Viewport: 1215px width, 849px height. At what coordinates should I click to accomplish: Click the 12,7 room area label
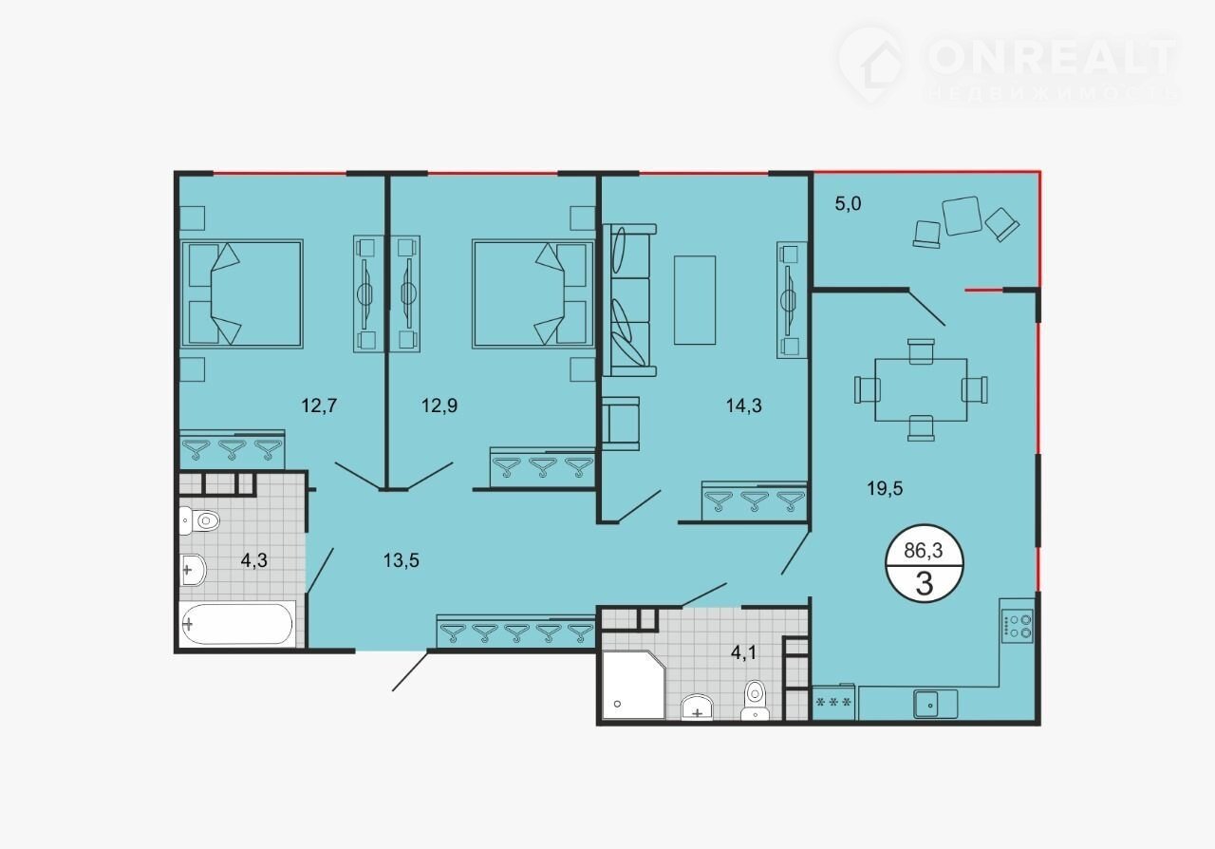coord(319,406)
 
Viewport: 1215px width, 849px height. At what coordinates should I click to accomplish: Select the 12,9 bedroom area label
coord(439,406)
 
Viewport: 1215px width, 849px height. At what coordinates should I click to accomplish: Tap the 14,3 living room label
coord(743,406)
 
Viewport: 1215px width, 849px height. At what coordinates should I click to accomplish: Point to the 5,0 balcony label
coord(848,204)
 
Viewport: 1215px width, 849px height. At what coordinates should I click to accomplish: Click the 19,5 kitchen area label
coord(885,488)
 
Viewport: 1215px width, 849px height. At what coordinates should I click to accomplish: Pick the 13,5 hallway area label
coord(401,560)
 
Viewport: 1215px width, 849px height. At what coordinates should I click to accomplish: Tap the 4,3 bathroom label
coord(253,560)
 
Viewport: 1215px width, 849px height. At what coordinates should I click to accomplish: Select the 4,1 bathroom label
coord(743,653)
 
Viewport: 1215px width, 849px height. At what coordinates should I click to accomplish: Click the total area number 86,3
coord(924,551)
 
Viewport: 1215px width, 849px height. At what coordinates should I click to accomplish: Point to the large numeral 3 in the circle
coord(924,583)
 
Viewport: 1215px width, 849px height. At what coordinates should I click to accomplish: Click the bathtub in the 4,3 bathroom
coord(237,624)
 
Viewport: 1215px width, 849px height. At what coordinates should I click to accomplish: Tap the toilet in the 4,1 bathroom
coord(755,700)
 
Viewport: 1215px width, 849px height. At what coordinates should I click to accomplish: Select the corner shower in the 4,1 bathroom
coord(633,685)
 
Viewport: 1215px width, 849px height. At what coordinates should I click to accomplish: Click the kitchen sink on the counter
coord(935,704)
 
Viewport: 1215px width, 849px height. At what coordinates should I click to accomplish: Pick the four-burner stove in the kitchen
coord(1018,627)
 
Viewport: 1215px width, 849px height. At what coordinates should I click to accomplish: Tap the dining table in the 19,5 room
coord(921,389)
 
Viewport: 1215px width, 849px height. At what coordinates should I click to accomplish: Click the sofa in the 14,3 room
coord(629,300)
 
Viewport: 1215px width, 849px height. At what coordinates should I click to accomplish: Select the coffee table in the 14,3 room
coord(695,300)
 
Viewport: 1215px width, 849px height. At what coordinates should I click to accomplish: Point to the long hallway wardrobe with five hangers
coord(515,631)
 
